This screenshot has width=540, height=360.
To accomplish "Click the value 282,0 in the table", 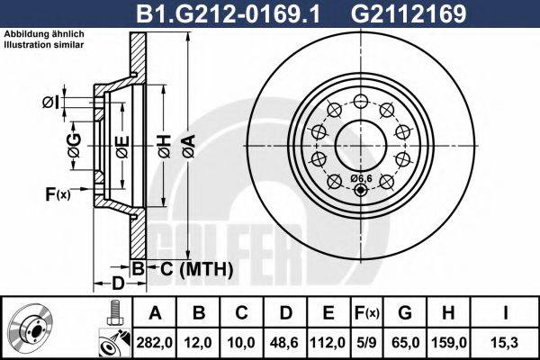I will click(x=155, y=343).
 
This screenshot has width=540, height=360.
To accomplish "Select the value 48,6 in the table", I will click(x=285, y=343).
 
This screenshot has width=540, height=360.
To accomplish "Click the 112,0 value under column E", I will click(x=328, y=343).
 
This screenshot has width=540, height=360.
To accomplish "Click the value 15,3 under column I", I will click(x=507, y=343).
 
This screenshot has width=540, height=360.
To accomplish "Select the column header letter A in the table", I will click(x=155, y=315).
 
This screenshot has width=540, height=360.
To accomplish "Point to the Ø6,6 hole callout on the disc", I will click(x=360, y=176).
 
